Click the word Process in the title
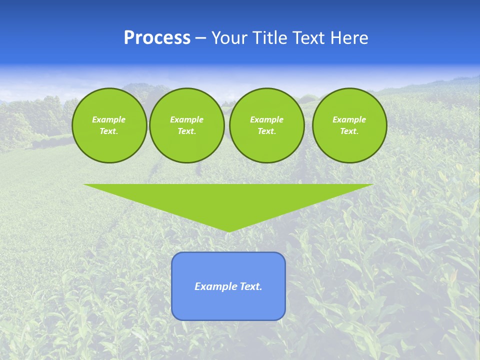pyautogui.click(x=157, y=38)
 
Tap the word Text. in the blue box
pyautogui.click(x=250, y=286)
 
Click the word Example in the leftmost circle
pyautogui.click(x=109, y=119)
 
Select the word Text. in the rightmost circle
pyautogui.click(x=349, y=131)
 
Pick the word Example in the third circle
pyautogui.click(x=266, y=119)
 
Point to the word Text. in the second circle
pyautogui.click(x=186, y=131)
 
